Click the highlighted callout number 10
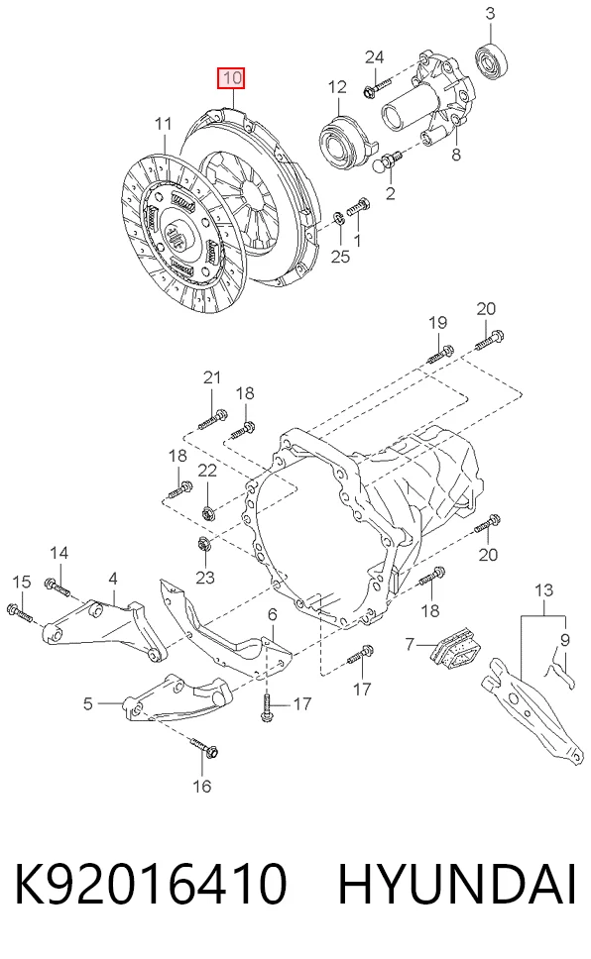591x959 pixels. pyautogui.click(x=231, y=77)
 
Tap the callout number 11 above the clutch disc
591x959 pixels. pyautogui.click(x=163, y=124)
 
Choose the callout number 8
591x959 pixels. pyautogui.click(x=456, y=155)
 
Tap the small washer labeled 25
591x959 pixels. pyautogui.click(x=339, y=218)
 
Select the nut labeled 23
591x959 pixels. pyautogui.click(x=203, y=543)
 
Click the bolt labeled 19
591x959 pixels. pyautogui.click(x=439, y=354)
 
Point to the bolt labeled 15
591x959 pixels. pyautogui.click(x=19, y=612)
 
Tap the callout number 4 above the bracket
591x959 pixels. pyautogui.click(x=113, y=579)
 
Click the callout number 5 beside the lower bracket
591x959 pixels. pyautogui.click(x=88, y=704)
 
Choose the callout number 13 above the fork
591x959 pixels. pyautogui.click(x=543, y=590)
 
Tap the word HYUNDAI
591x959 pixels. pyautogui.click(x=457, y=884)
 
